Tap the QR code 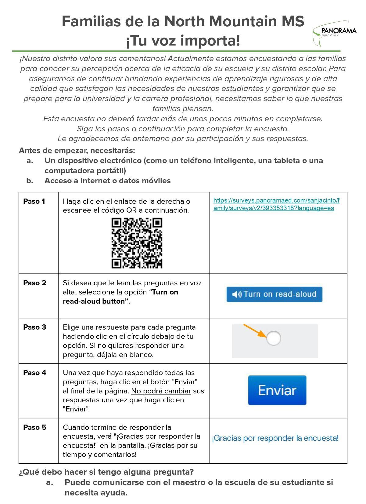coord(137,243)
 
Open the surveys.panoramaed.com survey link coord(276,204)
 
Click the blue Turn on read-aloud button coord(274,294)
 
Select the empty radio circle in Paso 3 coord(274,338)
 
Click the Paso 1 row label coord(34,201)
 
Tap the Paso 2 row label coord(35,283)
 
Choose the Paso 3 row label coord(35,327)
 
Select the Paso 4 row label coord(35,373)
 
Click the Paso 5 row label coord(35,427)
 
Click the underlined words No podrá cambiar coord(161,391)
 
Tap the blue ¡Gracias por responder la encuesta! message coord(275,438)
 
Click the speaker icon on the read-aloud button coord(237,294)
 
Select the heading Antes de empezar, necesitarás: coord(77,151)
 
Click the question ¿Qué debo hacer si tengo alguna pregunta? coord(106,472)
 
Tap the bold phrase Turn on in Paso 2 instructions coord(165,292)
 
